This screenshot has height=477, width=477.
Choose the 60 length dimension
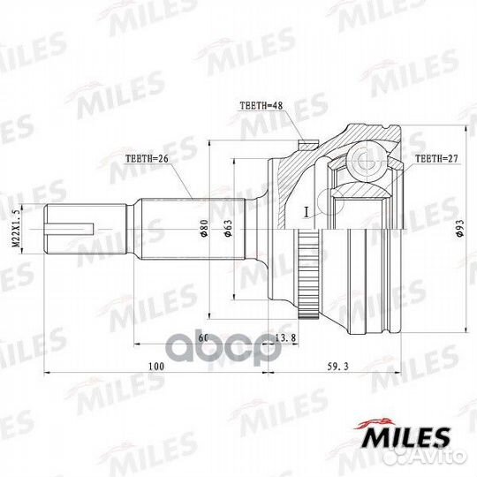[202, 338]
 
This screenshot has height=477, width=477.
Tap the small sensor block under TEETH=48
[306, 144]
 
